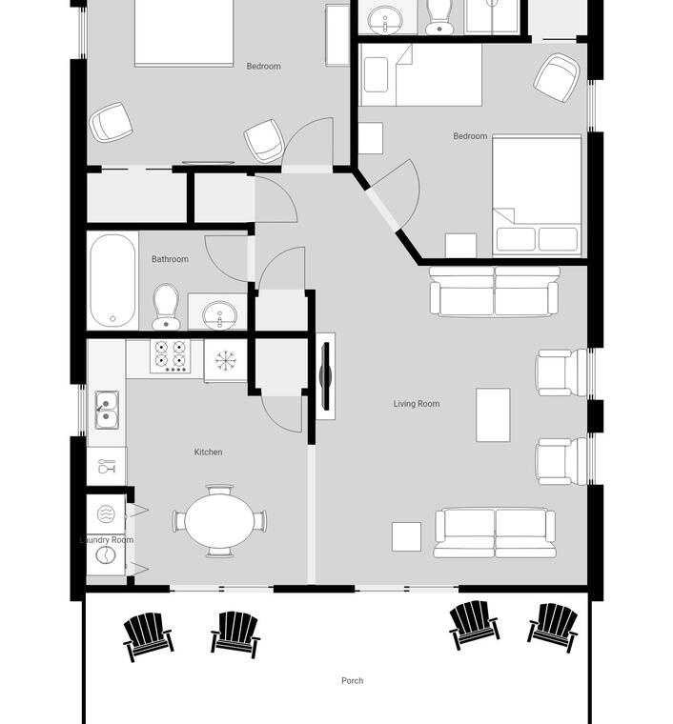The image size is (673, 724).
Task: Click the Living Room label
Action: click(x=417, y=404)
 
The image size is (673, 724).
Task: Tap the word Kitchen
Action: click(x=208, y=452)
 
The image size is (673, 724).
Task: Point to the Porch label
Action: click(x=352, y=680)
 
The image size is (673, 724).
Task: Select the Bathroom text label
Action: click(x=170, y=259)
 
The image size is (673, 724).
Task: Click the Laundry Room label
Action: click(x=107, y=540)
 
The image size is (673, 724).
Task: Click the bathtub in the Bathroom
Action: click(x=112, y=280)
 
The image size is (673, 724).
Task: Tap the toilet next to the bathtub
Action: click(x=166, y=307)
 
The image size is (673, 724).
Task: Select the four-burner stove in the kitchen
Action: click(x=170, y=356)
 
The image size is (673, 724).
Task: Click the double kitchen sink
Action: click(x=107, y=410)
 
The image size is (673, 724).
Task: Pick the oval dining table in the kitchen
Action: click(x=219, y=521)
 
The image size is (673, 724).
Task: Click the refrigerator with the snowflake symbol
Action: click(x=226, y=361)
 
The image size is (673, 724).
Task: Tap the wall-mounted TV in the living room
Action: click(x=326, y=376)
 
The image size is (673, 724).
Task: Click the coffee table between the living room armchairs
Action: click(x=493, y=414)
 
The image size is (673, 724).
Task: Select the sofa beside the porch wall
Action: click(x=495, y=533)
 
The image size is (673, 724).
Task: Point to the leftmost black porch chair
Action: click(x=148, y=636)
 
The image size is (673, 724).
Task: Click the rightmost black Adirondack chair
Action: click(x=553, y=627)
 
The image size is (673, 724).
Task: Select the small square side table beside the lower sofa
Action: click(x=406, y=536)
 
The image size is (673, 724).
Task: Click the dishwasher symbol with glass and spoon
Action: click(x=106, y=467)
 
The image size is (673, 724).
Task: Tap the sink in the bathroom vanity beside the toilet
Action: click(x=220, y=315)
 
